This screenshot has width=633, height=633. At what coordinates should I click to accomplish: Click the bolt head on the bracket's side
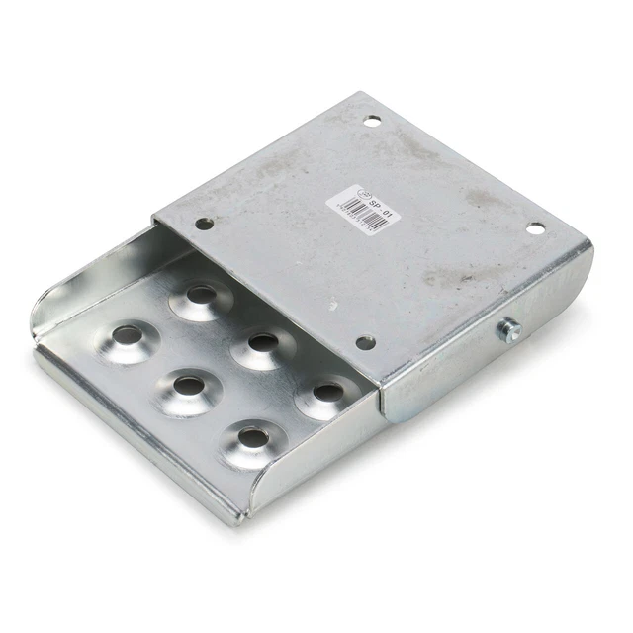510,329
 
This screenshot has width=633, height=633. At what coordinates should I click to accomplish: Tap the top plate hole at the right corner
535,229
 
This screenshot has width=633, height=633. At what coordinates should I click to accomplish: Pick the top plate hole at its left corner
204,224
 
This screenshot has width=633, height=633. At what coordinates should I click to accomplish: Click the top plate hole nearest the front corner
366,342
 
